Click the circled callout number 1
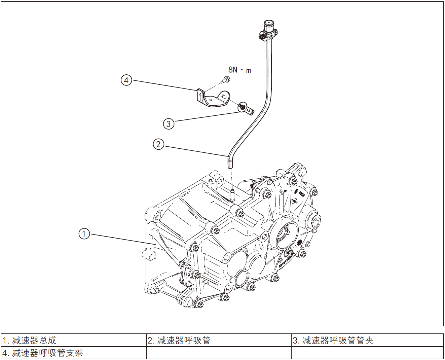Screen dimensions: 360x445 click(x=84, y=233)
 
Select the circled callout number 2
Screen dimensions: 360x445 click(x=158, y=144)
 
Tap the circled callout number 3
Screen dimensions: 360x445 click(x=169, y=124)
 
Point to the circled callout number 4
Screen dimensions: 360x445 click(x=126, y=80)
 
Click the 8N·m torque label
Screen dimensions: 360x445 click(x=239, y=70)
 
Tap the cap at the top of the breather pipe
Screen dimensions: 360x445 click(x=269, y=25)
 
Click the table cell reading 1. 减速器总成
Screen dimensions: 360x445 click(x=74, y=340)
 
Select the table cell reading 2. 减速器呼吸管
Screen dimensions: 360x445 click(x=219, y=340)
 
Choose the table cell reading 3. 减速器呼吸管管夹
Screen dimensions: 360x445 click(x=367, y=340)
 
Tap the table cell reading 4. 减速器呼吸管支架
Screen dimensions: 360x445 click(x=74, y=353)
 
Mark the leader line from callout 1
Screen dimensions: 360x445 click(x=121, y=239)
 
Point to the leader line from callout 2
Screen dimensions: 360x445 click(x=195, y=151)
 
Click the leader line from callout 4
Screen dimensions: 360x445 click(x=165, y=85)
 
